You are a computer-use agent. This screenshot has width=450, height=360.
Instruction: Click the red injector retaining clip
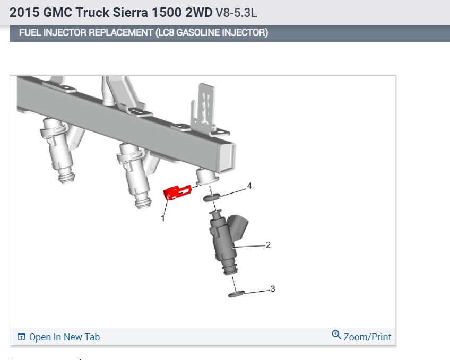click(177, 192)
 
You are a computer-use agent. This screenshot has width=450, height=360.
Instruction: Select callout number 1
click(163, 218)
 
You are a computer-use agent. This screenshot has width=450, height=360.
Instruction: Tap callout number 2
click(268, 245)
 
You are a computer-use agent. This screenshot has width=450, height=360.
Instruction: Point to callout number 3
click(273, 288)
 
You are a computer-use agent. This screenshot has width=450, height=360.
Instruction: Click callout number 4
click(249, 186)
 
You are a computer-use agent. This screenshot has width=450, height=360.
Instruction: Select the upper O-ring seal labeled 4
click(212, 197)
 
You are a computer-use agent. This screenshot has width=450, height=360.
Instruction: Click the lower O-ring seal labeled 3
click(236, 294)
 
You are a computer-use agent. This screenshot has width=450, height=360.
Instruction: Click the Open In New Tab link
click(58, 337)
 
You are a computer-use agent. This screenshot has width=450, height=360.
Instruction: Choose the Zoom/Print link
click(361, 337)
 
